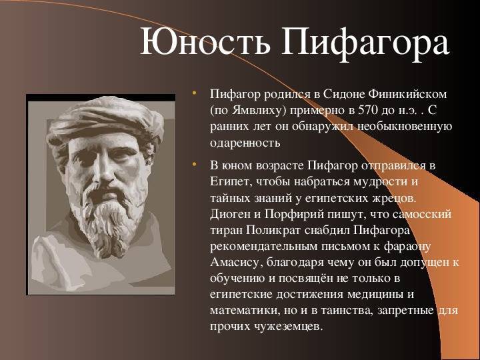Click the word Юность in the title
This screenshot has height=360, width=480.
point(205,42)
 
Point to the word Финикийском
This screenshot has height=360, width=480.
point(407,94)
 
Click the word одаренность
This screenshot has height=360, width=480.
point(245,143)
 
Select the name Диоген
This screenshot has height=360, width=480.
point(229,214)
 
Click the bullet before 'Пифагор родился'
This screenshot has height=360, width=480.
point(194,92)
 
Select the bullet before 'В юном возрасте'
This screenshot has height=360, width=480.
point(194,165)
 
